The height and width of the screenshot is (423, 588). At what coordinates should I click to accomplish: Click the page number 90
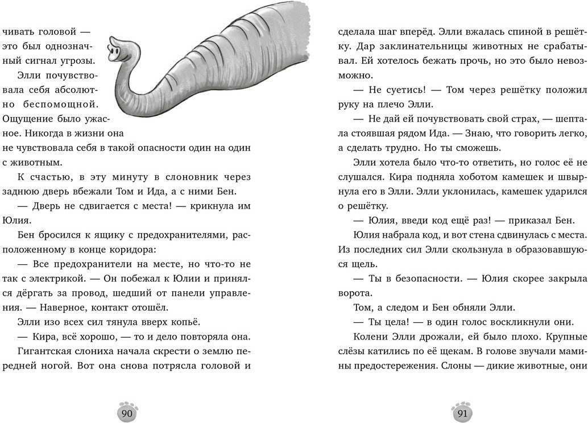[x=127, y=413]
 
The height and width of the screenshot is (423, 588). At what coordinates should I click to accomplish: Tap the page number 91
[x=462, y=413]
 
